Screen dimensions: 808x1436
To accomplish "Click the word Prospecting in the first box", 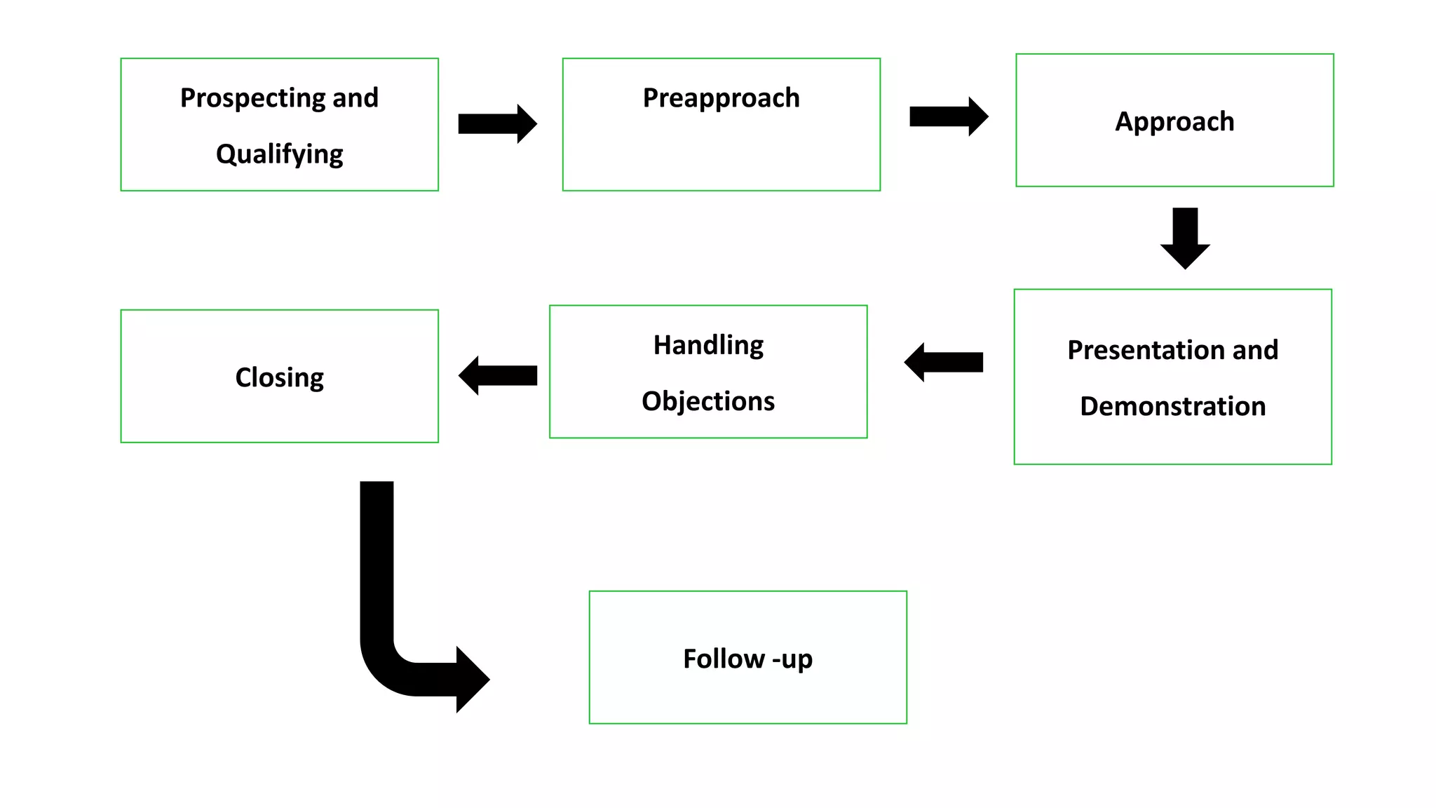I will pyautogui.click(x=253, y=98).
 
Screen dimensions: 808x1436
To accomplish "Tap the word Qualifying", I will pyautogui.click(x=279, y=154).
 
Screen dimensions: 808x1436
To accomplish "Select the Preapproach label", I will pyautogui.click(x=721, y=98).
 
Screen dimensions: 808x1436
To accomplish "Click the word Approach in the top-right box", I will pyautogui.click(x=1174, y=121).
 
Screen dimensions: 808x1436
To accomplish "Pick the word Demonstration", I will pyautogui.click(x=1172, y=406).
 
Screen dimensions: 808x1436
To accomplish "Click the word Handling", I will pyautogui.click(x=708, y=345).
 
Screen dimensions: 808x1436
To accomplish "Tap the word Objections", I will pyautogui.click(x=708, y=401).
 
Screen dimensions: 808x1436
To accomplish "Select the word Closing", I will pyautogui.click(x=279, y=377).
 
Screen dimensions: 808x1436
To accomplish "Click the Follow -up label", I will pyautogui.click(x=747, y=659).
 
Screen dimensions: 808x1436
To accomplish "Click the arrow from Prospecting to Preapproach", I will pyautogui.click(x=496, y=123).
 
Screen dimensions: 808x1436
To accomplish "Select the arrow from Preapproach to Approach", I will pyautogui.click(x=948, y=116).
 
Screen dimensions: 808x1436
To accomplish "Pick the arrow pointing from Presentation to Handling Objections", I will pyautogui.click(x=944, y=362).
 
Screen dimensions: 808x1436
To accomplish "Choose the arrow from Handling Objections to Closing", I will pyautogui.click(x=498, y=375).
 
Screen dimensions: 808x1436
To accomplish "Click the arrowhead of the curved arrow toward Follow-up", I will pyautogui.click(x=472, y=679).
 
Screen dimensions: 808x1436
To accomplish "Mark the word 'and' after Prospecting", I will pyautogui.click(x=355, y=98).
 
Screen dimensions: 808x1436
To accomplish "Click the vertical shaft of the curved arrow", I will pyautogui.click(x=377, y=561).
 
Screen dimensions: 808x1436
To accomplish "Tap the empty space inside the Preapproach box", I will pyautogui.click(x=721, y=154).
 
